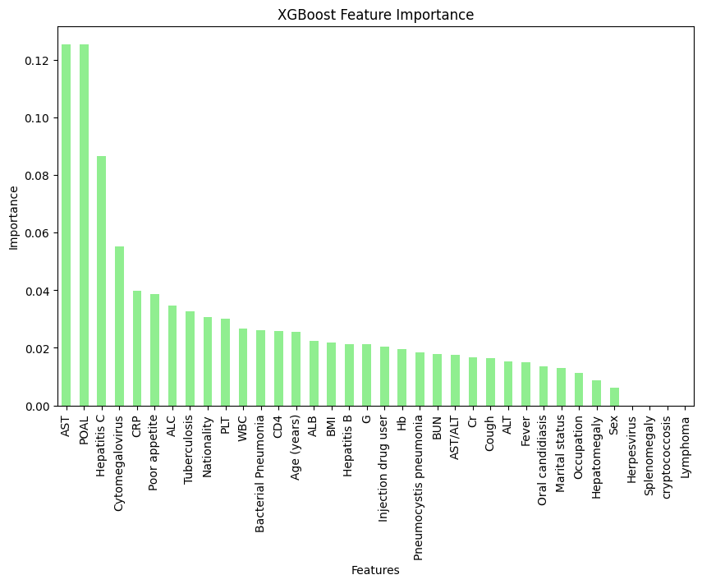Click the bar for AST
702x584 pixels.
pos(66,225)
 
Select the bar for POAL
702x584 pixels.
pos(84,225)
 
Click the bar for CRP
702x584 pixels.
pos(137,348)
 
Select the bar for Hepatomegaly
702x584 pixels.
pos(596,393)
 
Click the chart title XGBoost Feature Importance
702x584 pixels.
pos(375,15)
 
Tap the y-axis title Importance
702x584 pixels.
pos(13,217)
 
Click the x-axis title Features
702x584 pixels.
pos(375,570)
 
